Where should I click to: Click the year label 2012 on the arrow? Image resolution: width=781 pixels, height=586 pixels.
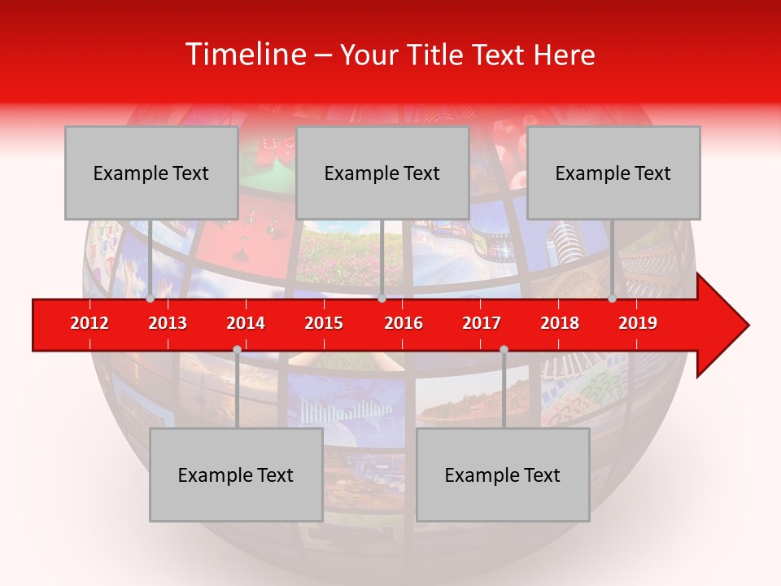89,323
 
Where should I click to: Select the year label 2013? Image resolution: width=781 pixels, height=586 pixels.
168,323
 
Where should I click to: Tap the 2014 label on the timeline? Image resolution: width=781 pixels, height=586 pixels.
246,323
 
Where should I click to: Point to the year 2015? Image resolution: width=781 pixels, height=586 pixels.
324,323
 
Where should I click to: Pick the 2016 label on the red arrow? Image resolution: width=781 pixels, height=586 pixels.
404,323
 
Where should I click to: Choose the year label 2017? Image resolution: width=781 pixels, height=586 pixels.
482,323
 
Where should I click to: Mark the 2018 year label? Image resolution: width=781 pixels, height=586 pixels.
560,323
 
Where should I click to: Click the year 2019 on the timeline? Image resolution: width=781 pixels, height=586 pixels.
638,323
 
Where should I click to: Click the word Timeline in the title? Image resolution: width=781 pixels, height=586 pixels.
244,55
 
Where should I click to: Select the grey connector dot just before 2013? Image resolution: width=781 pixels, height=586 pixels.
150,299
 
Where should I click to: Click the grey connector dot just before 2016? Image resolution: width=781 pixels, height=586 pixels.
382,299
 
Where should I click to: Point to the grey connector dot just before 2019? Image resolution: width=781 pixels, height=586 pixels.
612,299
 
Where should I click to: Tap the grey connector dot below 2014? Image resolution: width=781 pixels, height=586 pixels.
237,349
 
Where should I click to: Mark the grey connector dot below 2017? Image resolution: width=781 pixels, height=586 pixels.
504,349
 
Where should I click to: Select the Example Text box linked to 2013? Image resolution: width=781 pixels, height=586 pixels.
151,173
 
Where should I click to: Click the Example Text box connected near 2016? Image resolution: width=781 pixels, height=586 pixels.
382,173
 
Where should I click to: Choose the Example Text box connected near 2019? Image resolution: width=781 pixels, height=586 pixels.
613,173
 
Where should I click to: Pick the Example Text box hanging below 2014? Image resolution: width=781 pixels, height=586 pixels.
236,475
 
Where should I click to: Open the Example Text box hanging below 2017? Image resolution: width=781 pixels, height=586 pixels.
503,475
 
